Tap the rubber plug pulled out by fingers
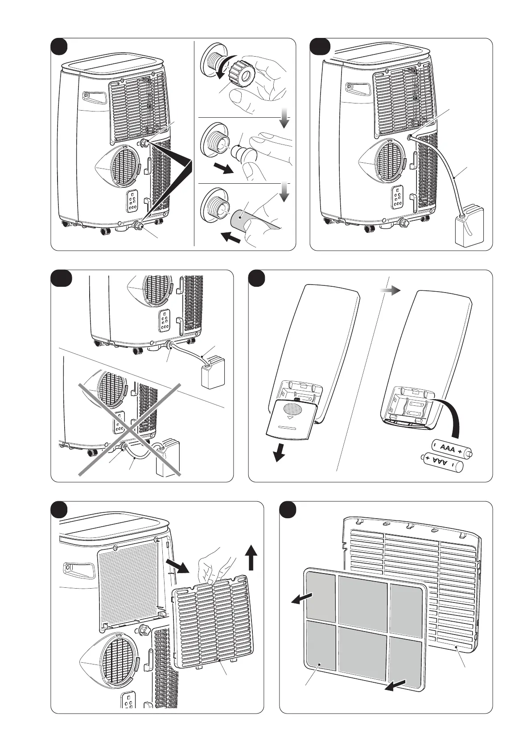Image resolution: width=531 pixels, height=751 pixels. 243,152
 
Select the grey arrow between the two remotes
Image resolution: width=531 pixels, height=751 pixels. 389,290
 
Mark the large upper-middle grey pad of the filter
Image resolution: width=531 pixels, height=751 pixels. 362,598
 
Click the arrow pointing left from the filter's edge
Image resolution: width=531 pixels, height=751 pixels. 302,598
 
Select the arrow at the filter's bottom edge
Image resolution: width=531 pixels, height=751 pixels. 396,686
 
